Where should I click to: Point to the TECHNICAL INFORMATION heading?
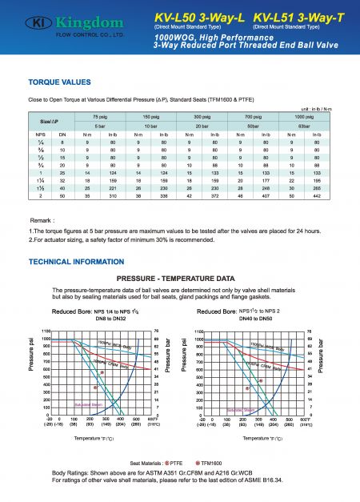(75, 261)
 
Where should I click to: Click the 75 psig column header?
(100, 117)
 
